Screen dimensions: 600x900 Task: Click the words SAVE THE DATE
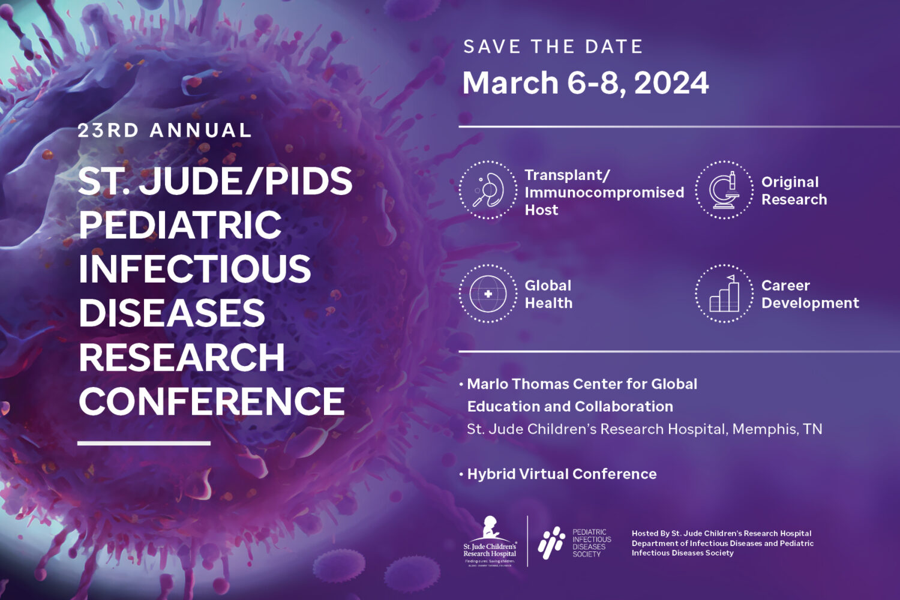553,47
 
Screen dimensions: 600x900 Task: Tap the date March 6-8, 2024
586,83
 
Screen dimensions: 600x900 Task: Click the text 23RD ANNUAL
164,131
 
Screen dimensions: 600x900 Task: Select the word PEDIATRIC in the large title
180,225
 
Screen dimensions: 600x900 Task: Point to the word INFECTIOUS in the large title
195,269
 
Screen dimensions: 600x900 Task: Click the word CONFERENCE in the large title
212,401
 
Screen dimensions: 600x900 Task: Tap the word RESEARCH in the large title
182,358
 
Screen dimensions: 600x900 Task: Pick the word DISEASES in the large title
172,313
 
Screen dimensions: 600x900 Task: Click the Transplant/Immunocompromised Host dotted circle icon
488,190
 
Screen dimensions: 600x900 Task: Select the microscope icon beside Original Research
724,190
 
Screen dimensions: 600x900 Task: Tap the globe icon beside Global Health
488,294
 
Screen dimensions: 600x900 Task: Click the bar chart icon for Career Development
724,294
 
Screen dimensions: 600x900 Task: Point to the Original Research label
794,191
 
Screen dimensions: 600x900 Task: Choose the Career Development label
810,294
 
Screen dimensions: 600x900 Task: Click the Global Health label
548,294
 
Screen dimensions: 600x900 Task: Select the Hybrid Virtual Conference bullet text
562,474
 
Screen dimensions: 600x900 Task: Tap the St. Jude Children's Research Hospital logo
490,541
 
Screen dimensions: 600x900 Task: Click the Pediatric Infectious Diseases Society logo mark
551,542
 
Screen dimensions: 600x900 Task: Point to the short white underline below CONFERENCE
144,443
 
